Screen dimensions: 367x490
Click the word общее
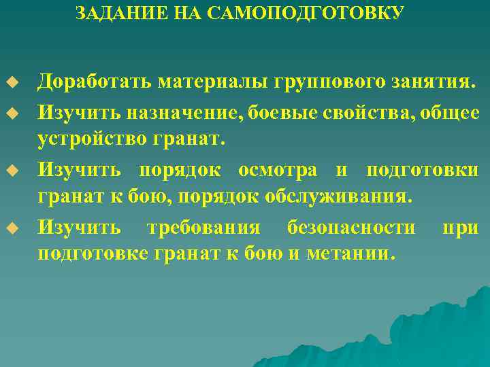[448, 112]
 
